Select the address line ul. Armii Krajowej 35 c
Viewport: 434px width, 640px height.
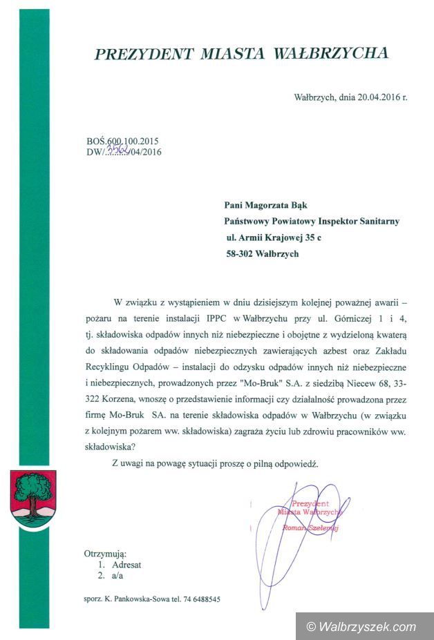coord(274,237)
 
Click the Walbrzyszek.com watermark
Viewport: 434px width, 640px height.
coord(363,626)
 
